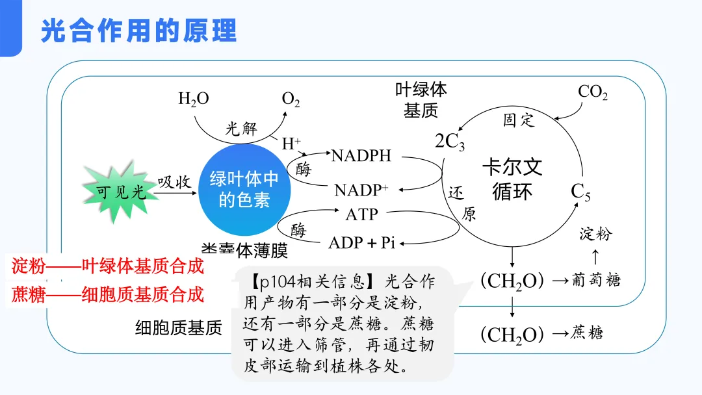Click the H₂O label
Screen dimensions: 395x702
pyautogui.click(x=193, y=99)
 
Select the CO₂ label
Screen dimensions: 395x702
pyautogui.click(x=593, y=92)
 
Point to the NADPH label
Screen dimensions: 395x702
pyautogui.click(x=361, y=156)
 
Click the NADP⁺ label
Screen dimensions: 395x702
pyautogui.click(x=361, y=190)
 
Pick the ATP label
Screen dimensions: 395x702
pyautogui.click(x=361, y=214)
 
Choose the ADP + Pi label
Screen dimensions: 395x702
pyautogui.click(x=362, y=243)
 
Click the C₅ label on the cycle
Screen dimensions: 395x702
pyautogui.click(x=580, y=192)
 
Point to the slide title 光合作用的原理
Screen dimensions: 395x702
pyautogui.click(x=138, y=31)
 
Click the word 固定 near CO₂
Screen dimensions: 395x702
pyautogui.click(x=518, y=120)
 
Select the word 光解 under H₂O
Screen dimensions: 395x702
pyautogui.click(x=241, y=128)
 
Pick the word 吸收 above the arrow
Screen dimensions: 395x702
pyautogui.click(x=174, y=182)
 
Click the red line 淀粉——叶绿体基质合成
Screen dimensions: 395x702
pyautogui.click(x=108, y=266)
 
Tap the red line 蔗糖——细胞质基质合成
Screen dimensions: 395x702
pyautogui.click(x=108, y=295)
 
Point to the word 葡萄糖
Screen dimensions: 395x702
pyautogui.click(x=596, y=280)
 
